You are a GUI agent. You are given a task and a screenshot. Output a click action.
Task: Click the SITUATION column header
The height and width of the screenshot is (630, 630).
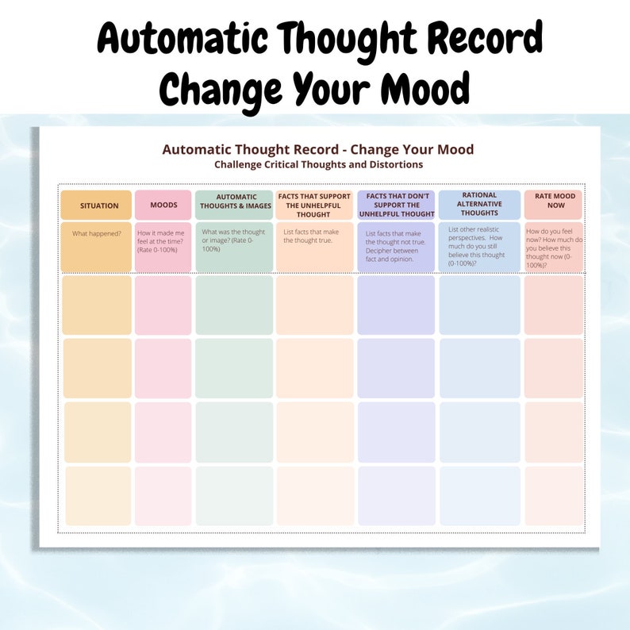click(x=99, y=206)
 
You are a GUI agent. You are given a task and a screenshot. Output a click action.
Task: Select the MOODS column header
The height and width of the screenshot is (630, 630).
click(x=163, y=206)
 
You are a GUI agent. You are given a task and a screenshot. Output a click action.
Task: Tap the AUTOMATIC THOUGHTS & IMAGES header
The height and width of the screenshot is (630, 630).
click(x=236, y=202)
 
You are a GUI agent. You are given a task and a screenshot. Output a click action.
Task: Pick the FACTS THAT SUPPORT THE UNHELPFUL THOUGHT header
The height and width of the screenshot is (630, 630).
click(x=314, y=205)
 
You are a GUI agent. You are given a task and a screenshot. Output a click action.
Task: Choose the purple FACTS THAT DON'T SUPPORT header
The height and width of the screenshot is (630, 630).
click(x=397, y=205)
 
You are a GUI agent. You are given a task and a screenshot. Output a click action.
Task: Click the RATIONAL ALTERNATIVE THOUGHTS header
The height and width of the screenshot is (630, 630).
click(x=479, y=204)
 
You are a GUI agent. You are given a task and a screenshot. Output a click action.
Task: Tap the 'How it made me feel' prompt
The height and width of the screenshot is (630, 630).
click(x=162, y=241)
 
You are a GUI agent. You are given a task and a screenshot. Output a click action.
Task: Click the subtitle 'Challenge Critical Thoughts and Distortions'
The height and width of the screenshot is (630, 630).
click(x=318, y=164)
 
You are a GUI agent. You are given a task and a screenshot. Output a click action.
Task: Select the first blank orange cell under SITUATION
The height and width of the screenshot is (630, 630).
click(x=97, y=305)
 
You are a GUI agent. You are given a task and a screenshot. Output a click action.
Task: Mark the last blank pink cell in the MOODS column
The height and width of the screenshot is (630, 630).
click(x=163, y=496)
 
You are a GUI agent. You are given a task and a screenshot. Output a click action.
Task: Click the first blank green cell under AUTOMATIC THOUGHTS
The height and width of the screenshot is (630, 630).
click(x=234, y=305)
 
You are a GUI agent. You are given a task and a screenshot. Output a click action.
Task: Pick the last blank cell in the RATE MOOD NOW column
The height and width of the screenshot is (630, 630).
click(x=554, y=496)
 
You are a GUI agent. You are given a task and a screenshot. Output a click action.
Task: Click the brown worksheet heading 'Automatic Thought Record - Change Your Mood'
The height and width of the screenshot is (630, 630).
click(x=318, y=149)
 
